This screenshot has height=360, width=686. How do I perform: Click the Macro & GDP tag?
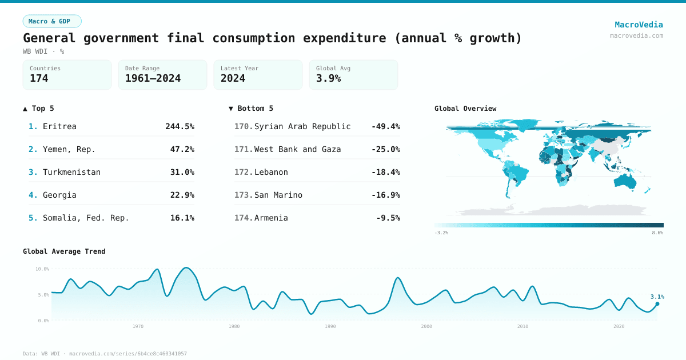tap(52, 21)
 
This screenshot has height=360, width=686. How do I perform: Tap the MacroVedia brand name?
tap(639, 25)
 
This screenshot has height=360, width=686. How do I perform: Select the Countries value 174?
tap(39, 78)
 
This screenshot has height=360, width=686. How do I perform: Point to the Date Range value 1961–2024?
tap(153, 78)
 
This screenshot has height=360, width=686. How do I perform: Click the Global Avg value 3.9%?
tap(328, 78)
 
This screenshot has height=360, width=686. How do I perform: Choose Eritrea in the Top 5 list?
tap(59, 126)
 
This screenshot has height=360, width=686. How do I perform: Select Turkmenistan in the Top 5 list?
tap(71, 172)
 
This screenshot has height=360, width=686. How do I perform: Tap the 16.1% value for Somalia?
tap(182, 218)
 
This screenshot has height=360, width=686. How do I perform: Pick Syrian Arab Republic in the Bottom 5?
tap(302, 126)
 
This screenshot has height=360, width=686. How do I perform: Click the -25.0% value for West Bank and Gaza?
tap(385, 149)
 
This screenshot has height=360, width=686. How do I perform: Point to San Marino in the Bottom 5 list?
tap(278, 195)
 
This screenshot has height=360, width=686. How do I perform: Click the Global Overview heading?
tap(465, 109)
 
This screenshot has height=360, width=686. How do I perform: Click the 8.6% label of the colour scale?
tap(657, 233)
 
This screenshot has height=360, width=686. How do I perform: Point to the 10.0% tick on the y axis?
tap(42, 269)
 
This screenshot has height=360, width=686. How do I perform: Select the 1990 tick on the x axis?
tap(330, 326)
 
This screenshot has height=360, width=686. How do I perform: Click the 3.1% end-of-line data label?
tap(657, 297)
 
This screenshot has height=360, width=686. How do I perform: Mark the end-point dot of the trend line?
tap(657, 304)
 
